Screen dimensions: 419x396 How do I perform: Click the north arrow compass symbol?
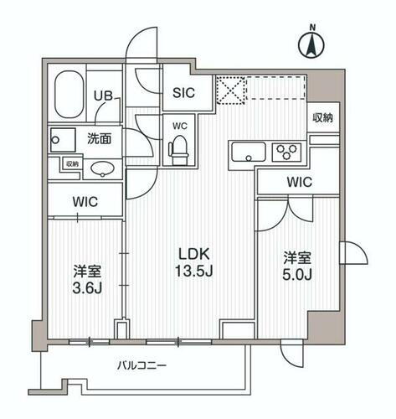[x=311, y=42]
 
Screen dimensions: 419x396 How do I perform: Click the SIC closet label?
[x=184, y=93]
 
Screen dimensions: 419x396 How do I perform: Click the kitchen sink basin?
[x=247, y=153]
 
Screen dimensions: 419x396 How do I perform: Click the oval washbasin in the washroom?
[x=100, y=168]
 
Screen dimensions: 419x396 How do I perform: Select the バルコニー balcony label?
[x=141, y=366]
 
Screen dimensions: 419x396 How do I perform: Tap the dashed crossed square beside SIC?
[x=229, y=90]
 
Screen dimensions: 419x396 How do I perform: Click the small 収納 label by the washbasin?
[x=73, y=164]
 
